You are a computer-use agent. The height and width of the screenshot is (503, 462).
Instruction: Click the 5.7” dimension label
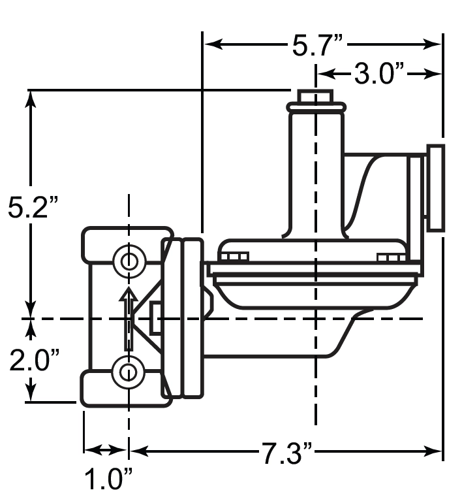318,44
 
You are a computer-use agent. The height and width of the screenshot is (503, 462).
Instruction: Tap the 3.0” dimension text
378,74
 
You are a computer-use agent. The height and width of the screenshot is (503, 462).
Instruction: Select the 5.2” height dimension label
33,207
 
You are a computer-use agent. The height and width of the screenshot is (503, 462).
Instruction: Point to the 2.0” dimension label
35,360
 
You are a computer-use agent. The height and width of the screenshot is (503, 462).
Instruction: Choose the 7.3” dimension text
286,453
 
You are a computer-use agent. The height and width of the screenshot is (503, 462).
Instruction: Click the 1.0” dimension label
108,479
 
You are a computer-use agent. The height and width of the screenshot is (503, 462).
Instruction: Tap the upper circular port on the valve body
129,261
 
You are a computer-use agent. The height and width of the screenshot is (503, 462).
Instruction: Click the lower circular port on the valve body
129,372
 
